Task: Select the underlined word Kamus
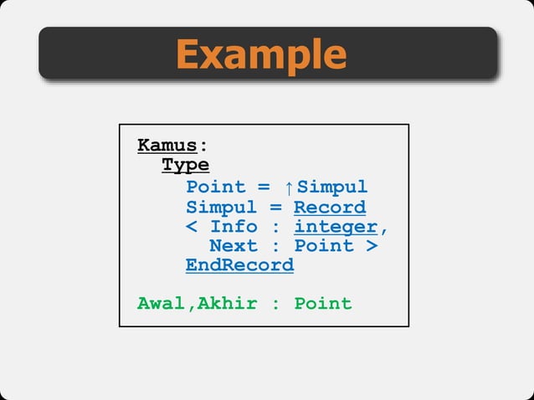tap(167, 146)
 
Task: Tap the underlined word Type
tap(185, 165)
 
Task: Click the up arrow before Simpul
tap(289, 187)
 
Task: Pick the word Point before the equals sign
tap(216, 187)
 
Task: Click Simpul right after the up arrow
tap(332, 187)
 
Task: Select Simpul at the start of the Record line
tap(222, 207)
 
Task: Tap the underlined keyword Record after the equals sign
tap(330, 207)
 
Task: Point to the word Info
tap(234, 227)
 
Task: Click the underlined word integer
tap(336, 227)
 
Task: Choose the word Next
tap(234, 246)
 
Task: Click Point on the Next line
tap(324, 246)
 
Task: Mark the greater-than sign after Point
tap(372, 246)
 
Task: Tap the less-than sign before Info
tap(191, 227)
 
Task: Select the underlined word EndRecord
tap(239, 265)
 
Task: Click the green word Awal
tap(162, 303)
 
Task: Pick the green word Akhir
tap(228, 303)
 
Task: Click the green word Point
tap(323, 303)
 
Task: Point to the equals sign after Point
tap(264, 187)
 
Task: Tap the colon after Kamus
tap(203, 146)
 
